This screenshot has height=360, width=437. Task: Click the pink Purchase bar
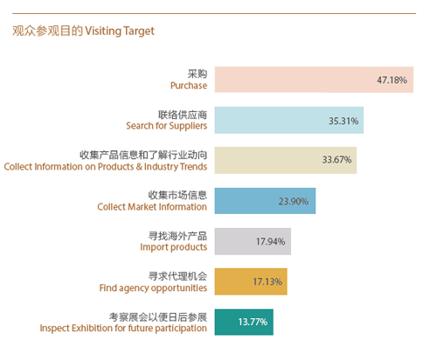[314, 80]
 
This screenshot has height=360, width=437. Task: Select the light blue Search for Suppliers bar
[289, 120]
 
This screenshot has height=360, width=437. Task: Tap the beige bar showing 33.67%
[286, 160]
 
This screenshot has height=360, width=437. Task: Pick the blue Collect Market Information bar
[265, 201]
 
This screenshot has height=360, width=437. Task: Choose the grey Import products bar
[253, 241]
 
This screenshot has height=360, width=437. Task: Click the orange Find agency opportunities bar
[251, 281]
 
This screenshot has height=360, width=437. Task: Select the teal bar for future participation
[244, 322]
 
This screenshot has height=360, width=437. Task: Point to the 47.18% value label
[392, 80]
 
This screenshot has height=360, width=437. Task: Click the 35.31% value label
[343, 121]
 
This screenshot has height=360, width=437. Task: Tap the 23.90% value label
[294, 201]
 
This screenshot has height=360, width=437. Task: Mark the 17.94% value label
[270, 241]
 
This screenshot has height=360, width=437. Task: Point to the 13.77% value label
[253, 322]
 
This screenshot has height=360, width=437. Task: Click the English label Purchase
[189, 86]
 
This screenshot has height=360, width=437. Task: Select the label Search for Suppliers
[167, 126]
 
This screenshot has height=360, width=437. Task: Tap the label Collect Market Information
[152, 207]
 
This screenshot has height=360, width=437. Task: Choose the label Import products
[174, 247]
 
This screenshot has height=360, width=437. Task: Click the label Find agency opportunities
[153, 288]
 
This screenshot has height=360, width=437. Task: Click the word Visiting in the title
[103, 31]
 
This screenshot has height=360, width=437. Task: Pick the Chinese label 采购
[198, 73]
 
